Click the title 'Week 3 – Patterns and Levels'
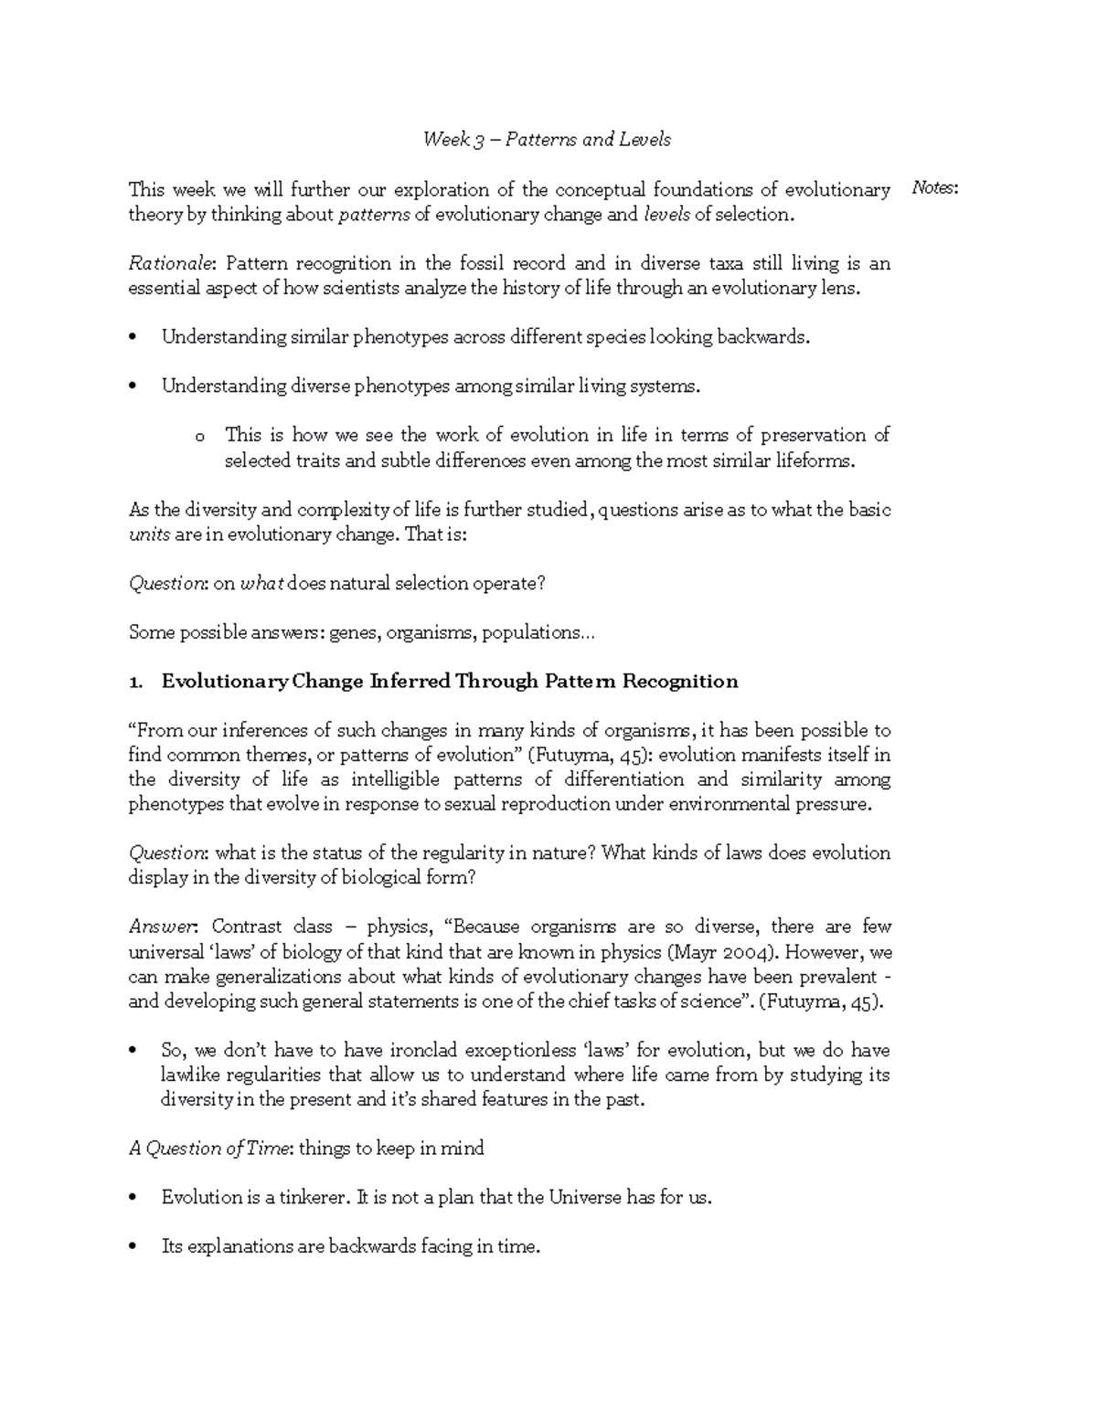coord(547,140)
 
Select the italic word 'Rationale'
coord(170,263)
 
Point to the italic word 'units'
coord(149,535)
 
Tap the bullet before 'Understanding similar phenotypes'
coord(134,337)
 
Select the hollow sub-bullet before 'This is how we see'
coord(200,436)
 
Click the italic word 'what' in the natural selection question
coord(262,584)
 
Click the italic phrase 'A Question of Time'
coord(209,1149)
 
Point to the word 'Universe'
coord(585,1197)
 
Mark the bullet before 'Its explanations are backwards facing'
coord(134,1246)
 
